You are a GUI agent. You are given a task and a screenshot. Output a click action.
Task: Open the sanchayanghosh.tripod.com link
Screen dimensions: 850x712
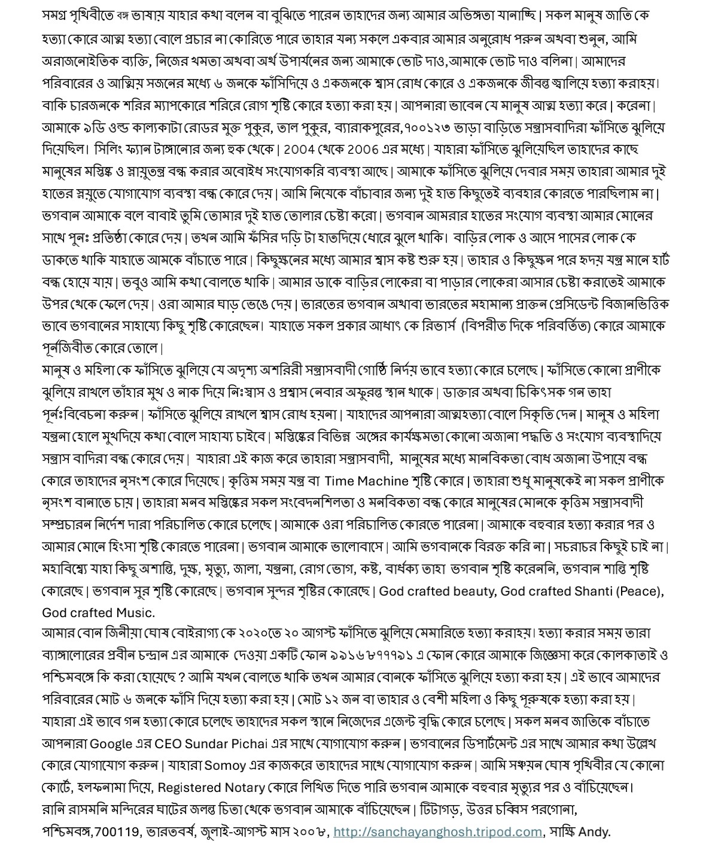437,832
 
